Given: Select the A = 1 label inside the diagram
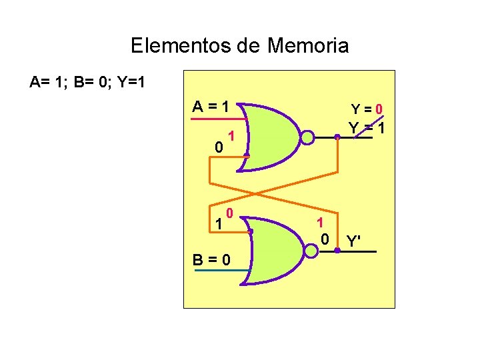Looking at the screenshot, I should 211,106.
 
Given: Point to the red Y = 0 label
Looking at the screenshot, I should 367,109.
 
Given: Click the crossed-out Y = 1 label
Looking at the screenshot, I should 367,127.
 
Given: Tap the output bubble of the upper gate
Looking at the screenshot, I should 307,138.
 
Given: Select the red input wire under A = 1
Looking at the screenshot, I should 217,119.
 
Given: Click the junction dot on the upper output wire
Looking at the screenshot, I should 337,138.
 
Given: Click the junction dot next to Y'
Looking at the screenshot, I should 338,251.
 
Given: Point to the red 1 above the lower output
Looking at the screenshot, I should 320,223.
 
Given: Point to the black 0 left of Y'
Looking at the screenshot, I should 325,239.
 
